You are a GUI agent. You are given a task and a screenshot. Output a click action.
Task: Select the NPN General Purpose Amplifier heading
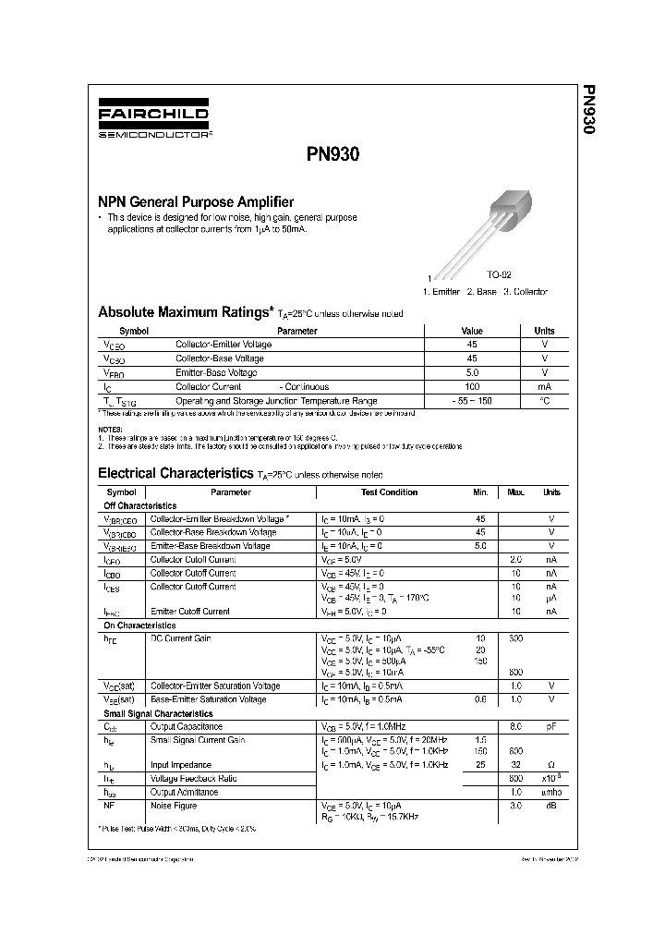(196, 201)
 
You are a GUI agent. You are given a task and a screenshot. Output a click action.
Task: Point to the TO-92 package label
(499, 275)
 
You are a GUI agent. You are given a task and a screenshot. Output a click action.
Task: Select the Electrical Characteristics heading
(175, 473)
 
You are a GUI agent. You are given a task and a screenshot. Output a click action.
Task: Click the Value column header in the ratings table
(472, 331)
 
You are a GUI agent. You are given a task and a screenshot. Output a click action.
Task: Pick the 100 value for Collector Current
(472, 387)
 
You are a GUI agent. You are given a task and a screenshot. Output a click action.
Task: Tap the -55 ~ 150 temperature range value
(472, 401)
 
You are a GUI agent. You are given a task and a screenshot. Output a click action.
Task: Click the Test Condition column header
(389, 492)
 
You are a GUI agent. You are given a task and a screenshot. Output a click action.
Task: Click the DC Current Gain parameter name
(181, 637)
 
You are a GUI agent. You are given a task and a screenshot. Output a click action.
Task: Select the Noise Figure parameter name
(174, 805)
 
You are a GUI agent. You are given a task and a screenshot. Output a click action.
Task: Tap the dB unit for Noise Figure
(551, 805)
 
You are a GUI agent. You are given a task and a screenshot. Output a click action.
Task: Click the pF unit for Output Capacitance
(551, 727)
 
